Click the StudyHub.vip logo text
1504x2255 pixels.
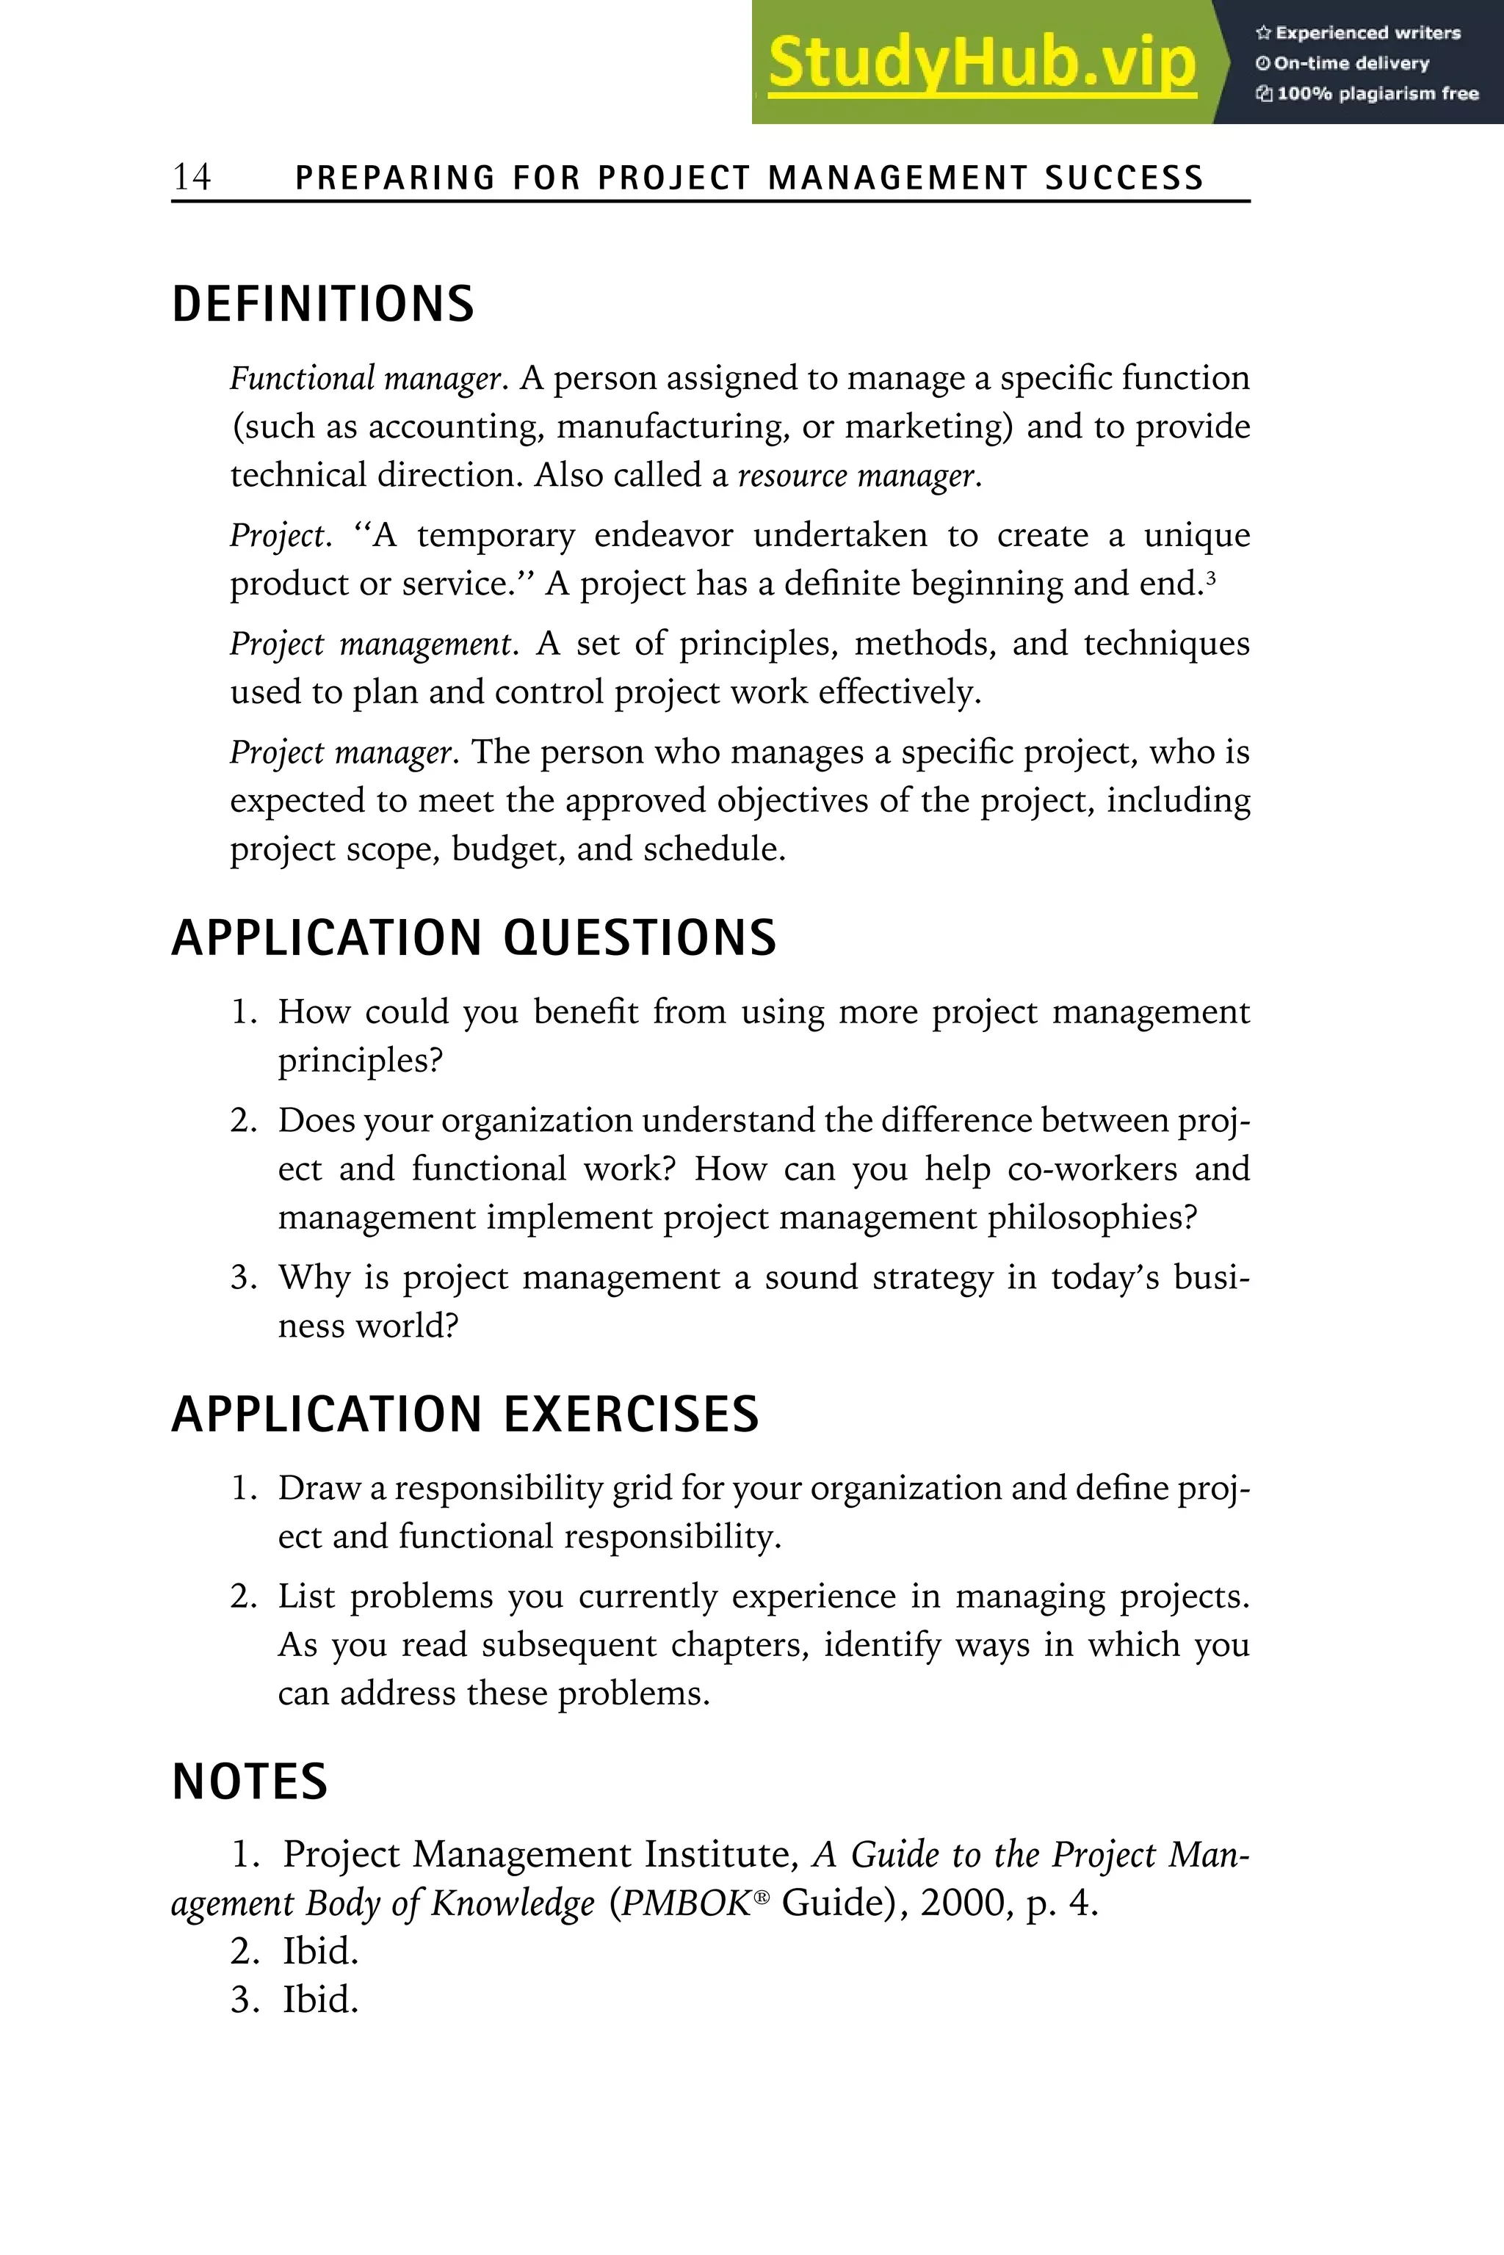click(x=981, y=63)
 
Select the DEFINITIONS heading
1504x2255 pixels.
click(x=322, y=304)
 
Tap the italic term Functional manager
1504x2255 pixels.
click(x=366, y=379)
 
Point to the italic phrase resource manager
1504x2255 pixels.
click(x=856, y=476)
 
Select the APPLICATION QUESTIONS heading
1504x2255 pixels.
click(x=474, y=937)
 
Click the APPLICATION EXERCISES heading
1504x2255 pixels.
click(x=465, y=1415)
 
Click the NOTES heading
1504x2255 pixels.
click(x=250, y=1782)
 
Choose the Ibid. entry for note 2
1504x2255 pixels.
click(x=319, y=1951)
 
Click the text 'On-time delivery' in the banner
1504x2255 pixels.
click(x=1351, y=63)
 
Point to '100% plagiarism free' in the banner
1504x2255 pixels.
click(x=1376, y=94)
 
